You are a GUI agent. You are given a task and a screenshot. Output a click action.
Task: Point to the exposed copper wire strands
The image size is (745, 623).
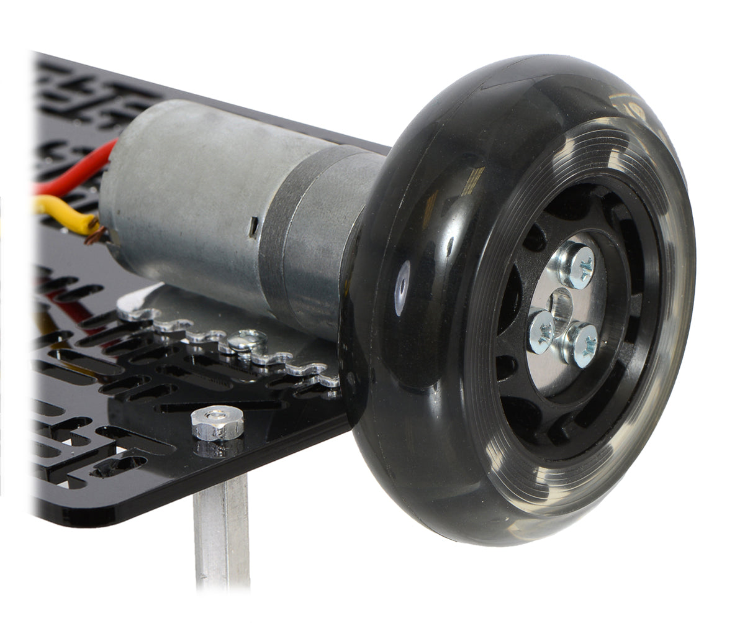coord(96,234)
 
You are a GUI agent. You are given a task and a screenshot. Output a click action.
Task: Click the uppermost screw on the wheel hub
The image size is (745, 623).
coord(577,266)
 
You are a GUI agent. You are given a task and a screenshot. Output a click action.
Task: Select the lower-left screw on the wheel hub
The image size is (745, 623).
coord(541,330)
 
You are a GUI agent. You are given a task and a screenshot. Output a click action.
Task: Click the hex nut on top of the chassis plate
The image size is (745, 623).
coord(217,423)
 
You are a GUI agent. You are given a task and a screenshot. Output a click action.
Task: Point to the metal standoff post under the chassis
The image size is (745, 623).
coord(222,534)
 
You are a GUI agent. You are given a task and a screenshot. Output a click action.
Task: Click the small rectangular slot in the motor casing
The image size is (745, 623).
coord(254,227)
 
